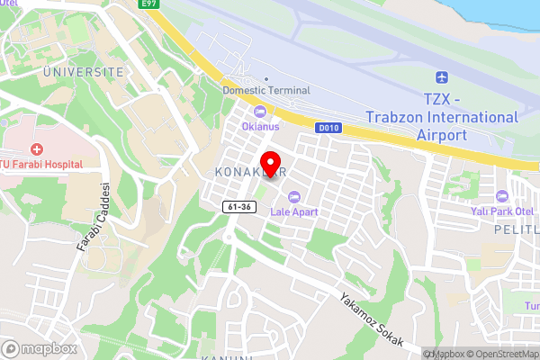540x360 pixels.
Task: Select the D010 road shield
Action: [328, 129]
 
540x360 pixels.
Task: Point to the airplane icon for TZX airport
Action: [441, 79]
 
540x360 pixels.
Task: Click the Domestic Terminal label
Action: [265, 90]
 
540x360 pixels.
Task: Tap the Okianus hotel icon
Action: [261, 112]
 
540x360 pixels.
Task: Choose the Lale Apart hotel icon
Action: [292, 197]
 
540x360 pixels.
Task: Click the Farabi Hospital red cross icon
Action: [37, 148]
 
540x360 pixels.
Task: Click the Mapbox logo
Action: [38, 347]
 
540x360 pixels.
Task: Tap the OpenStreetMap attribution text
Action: [500, 353]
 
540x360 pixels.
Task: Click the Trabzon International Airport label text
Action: [442, 117]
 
